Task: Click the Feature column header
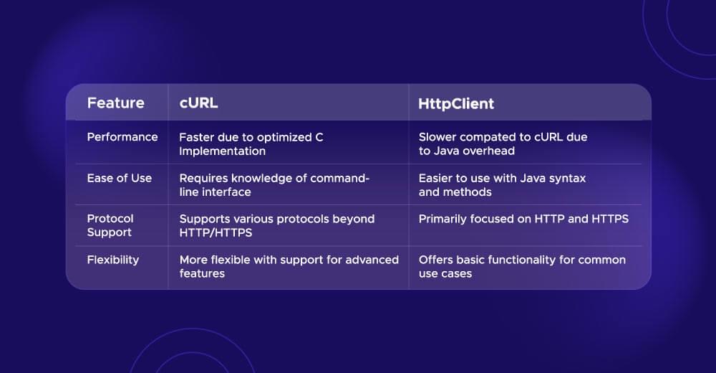(x=115, y=103)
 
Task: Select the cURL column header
(x=198, y=103)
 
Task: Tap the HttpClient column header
(x=456, y=103)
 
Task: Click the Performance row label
(x=122, y=137)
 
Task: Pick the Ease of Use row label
(x=120, y=178)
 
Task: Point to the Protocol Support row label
(x=110, y=225)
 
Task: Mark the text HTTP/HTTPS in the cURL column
(x=216, y=232)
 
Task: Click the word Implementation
(x=223, y=151)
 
